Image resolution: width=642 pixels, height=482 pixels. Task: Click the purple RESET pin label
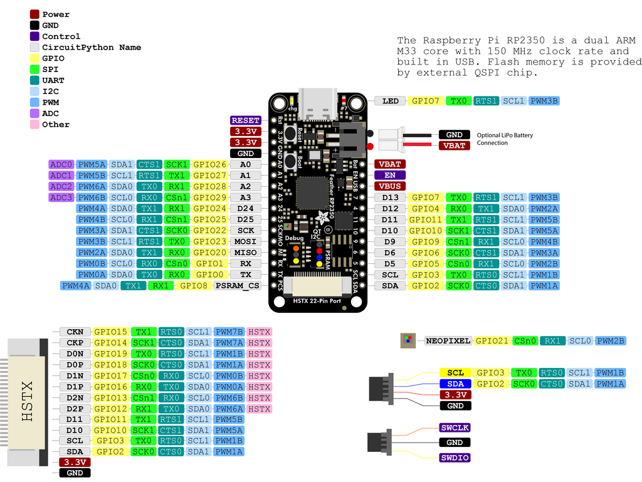click(x=245, y=120)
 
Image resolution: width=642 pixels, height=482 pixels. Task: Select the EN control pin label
click(x=389, y=176)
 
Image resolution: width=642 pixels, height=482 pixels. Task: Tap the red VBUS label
click(x=389, y=186)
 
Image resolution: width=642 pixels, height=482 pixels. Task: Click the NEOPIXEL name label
click(x=448, y=341)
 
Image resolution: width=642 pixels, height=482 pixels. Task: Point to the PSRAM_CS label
click(x=237, y=286)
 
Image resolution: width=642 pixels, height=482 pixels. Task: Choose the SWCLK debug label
click(x=455, y=427)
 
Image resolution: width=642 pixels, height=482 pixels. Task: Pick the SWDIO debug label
click(x=455, y=458)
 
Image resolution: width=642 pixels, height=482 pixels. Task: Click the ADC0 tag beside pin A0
click(x=61, y=164)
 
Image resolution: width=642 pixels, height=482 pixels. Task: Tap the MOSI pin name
click(x=245, y=241)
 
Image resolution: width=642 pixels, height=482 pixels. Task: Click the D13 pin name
click(x=390, y=197)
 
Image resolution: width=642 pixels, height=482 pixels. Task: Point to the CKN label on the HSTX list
click(x=75, y=332)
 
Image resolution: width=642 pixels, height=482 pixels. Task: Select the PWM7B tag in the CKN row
click(x=229, y=332)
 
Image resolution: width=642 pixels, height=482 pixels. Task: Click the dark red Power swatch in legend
click(x=34, y=14)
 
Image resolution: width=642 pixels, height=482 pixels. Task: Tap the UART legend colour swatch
click(x=34, y=80)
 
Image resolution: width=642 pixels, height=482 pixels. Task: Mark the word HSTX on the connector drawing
click(x=28, y=401)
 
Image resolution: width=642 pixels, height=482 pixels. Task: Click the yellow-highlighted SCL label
click(x=455, y=373)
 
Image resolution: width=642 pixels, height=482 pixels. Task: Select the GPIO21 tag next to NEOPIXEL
click(x=492, y=341)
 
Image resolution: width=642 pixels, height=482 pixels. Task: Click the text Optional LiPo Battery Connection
click(x=505, y=139)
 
